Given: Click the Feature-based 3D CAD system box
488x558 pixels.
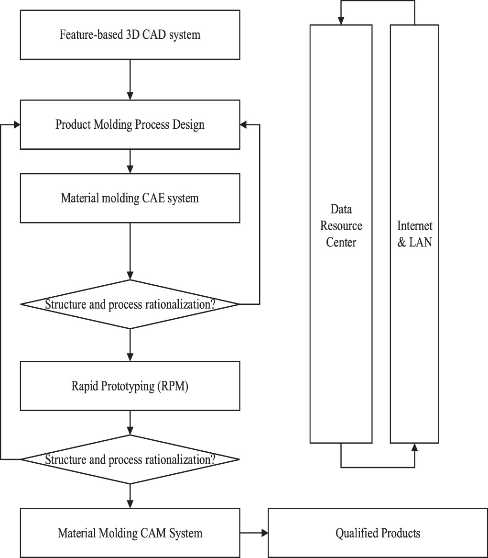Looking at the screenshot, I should pyautogui.click(x=130, y=35).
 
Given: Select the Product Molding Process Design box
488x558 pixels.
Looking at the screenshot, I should pyautogui.click(x=130, y=124).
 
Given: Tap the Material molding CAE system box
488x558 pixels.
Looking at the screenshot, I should pyautogui.click(x=130, y=198).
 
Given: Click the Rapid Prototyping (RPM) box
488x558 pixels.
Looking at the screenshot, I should pyautogui.click(x=130, y=386).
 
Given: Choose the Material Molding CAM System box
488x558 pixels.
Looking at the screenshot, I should pyautogui.click(x=130, y=533).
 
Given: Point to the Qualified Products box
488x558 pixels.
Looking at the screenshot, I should pyautogui.click(x=378, y=533).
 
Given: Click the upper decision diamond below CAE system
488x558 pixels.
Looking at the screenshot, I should pyautogui.click(x=130, y=304).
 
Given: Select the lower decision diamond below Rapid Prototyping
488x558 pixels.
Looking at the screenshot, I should pyautogui.click(x=130, y=459).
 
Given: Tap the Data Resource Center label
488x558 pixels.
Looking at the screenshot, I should pyautogui.click(x=341, y=225).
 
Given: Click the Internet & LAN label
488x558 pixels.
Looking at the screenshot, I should pyautogui.click(x=414, y=234).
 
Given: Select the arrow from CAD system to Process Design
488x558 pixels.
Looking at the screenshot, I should pyautogui.click(x=130, y=79).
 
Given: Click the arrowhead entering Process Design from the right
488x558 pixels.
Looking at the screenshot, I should pyautogui.click(x=243, y=124).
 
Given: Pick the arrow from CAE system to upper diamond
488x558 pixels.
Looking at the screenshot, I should pyautogui.click(x=130, y=251).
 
